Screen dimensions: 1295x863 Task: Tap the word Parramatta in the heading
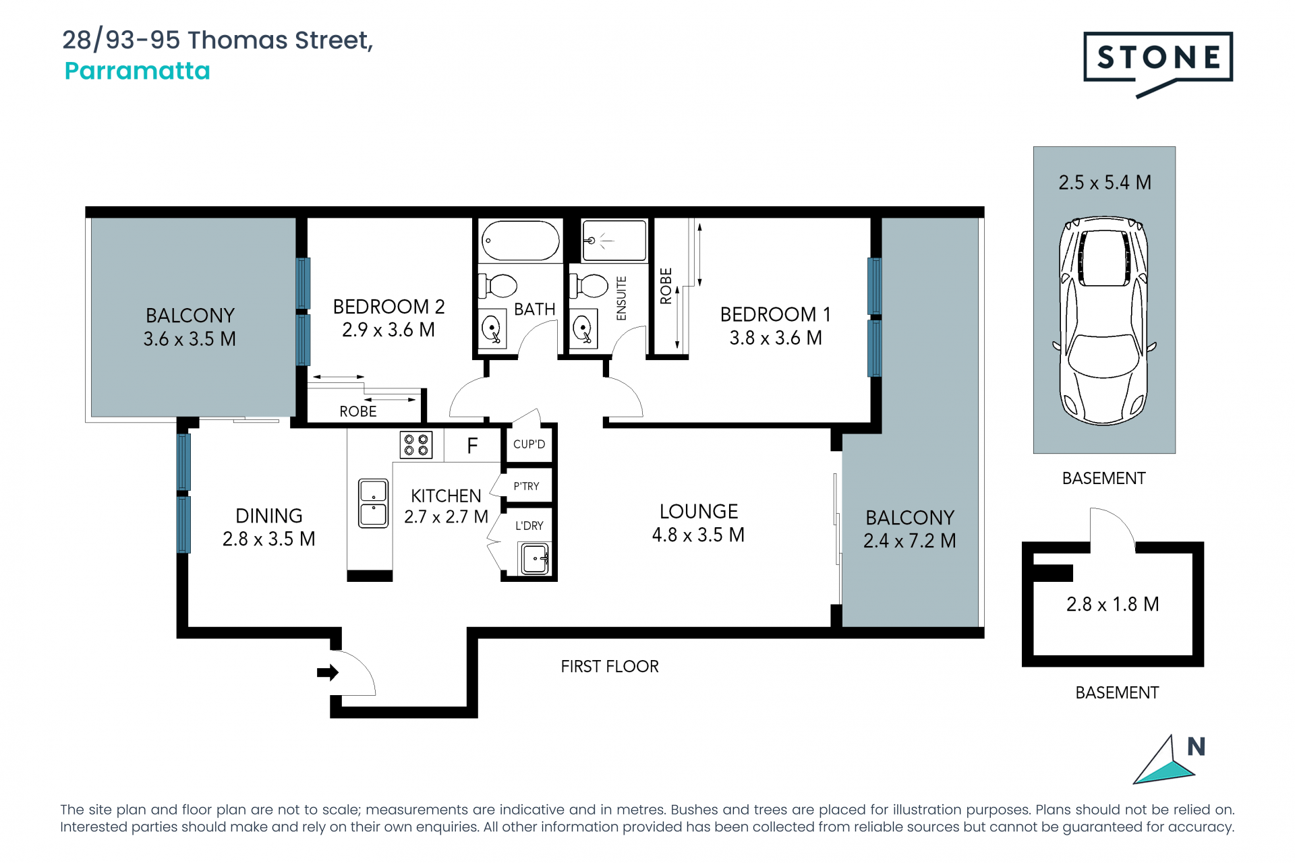coord(138,71)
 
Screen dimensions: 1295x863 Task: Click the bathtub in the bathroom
coord(520,241)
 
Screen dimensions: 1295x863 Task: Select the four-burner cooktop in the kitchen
coord(416,445)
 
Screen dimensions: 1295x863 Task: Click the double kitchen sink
coord(373,503)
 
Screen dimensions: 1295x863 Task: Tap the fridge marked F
coord(472,446)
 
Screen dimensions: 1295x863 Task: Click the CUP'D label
coord(529,444)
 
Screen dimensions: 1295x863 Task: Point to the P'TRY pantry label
coord(526,486)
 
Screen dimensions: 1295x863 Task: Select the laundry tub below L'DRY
coord(535,559)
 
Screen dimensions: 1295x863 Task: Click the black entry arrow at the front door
coord(328,672)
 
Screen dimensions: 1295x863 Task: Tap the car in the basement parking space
coord(1104,320)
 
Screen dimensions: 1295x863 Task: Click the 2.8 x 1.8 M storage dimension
coord(1112,604)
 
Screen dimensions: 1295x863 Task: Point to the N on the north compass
coord(1196,746)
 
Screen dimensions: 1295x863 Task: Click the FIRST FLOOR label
coord(610,666)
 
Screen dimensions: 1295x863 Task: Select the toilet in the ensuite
coord(589,286)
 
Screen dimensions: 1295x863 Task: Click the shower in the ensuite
coord(614,240)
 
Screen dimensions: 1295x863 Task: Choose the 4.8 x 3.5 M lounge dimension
coord(698,535)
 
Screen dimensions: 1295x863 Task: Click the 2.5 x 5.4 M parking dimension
coord(1105,183)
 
